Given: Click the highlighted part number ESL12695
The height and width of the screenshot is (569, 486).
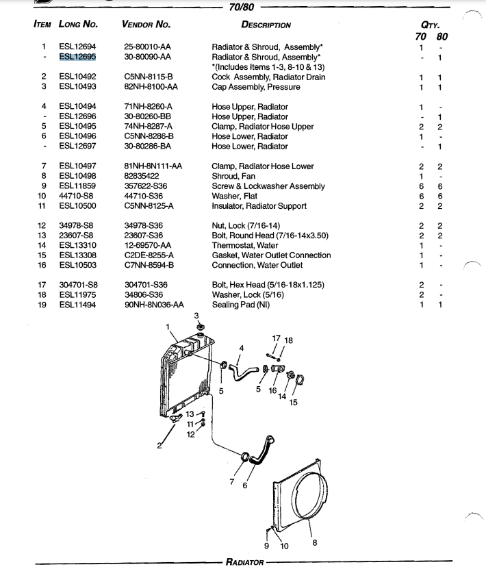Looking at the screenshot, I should coord(77,57).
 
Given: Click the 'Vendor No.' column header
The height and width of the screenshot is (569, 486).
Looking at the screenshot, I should coord(146,25).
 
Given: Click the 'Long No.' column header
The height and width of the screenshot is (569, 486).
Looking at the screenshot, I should coord(78,25).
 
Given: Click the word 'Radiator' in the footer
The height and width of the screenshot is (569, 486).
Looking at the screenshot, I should coord(244,563).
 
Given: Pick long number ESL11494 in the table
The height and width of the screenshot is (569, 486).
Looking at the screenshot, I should coord(77,305).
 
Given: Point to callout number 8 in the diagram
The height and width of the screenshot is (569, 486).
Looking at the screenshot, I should coord(315,543).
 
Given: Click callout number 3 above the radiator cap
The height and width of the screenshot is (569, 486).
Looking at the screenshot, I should coord(197,316).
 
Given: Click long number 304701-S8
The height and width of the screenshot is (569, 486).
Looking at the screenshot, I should coord(78,285).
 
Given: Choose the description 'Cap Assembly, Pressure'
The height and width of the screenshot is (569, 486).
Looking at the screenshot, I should coord(255,87).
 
